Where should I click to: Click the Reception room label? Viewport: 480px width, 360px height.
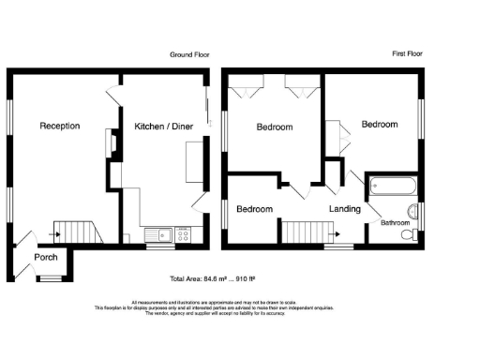59,126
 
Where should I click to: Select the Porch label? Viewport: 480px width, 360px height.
45,258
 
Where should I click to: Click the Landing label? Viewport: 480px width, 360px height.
344,209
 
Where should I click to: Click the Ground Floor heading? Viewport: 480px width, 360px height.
188,55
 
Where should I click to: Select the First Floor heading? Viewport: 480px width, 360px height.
406,55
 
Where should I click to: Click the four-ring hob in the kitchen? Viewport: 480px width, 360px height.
183,235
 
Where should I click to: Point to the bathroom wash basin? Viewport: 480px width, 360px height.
412,208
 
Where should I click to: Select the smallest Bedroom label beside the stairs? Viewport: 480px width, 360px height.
254,209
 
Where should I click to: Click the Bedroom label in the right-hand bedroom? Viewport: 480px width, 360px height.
380,124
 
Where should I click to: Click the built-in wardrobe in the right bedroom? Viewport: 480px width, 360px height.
333,136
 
